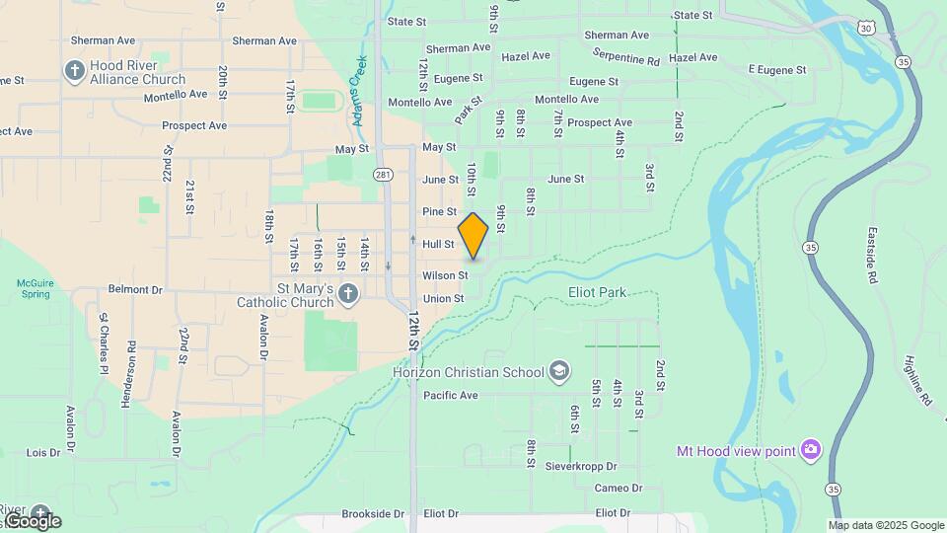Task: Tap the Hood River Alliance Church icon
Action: pyautogui.click(x=74, y=71)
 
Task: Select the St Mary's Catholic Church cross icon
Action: pyautogui.click(x=347, y=293)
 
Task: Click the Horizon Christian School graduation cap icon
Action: pyautogui.click(x=559, y=371)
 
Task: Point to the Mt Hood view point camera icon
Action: pyautogui.click(x=810, y=450)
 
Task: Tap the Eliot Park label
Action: pyautogui.click(x=598, y=293)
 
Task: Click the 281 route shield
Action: pyautogui.click(x=383, y=175)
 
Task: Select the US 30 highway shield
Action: pyautogui.click(x=866, y=29)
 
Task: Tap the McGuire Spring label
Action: pyautogui.click(x=34, y=288)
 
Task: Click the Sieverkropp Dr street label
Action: pyautogui.click(x=581, y=466)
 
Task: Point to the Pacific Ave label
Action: pyautogui.click(x=451, y=396)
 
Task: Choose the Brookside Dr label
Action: pyautogui.click(x=373, y=514)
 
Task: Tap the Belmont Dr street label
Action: pyautogui.click(x=134, y=290)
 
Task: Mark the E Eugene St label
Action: pyautogui.click(x=777, y=70)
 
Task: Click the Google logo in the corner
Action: pyautogui.click(x=32, y=521)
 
